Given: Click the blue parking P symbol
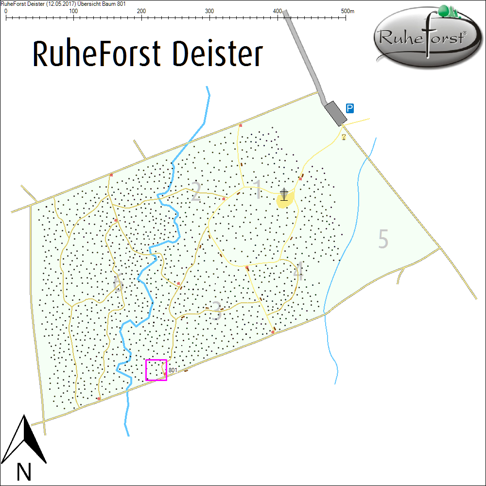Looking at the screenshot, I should click(x=349, y=108).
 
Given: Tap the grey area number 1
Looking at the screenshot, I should click(x=258, y=190).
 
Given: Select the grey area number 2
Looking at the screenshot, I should click(x=195, y=192).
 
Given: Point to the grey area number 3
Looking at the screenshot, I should click(x=216, y=312).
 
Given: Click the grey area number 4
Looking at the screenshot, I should click(x=298, y=272).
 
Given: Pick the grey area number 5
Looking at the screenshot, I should click(x=383, y=239).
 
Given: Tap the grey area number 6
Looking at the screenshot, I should click(x=117, y=283).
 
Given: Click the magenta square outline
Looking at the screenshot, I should click(x=156, y=370).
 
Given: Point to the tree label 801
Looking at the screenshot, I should click(x=173, y=370).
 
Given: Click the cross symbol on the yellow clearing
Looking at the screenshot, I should click(x=284, y=194).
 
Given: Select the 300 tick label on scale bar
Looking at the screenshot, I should click(x=209, y=11).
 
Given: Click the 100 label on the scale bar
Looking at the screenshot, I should click(x=73, y=11).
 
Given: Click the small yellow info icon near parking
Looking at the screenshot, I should click(x=344, y=137).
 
